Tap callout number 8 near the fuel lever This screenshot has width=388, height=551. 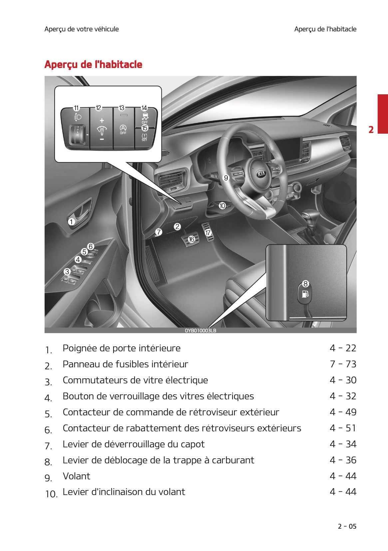[305, 284]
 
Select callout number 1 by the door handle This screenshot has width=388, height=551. [72, 222]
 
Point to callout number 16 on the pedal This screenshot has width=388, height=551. [192, 239]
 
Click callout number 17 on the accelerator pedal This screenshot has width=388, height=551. [208, 233]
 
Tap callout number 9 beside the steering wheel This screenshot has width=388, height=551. [226, 178]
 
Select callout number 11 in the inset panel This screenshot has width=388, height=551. [76, 108]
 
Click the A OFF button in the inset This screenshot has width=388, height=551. [123, 129]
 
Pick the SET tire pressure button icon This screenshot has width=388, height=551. [144, 137]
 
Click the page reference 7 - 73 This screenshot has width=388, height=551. [343, 364]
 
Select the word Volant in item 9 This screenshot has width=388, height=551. [76, 476]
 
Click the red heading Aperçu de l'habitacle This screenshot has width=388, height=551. [93, 64]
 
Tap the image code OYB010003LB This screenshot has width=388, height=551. [200, 330]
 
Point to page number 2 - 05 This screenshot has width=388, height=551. [347, 526]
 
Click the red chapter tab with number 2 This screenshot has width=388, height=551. [382, 114]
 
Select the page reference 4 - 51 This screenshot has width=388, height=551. [343, 428]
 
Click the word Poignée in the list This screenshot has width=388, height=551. [78, 348]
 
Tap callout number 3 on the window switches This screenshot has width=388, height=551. [67, 272]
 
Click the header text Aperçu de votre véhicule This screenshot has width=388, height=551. [82, 29]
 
